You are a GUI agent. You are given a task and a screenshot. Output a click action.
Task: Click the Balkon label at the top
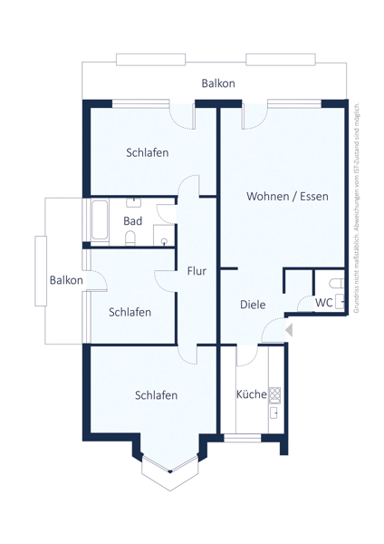coord(218,83)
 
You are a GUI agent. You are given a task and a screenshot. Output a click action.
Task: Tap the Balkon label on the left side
coord(66,280)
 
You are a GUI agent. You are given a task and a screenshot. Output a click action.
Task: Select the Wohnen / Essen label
coord(287,196)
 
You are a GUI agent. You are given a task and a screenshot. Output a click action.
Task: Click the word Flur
coord(197,270)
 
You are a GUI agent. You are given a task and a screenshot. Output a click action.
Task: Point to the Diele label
coord(253,305)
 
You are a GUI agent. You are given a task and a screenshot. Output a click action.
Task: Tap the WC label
coord(324,302)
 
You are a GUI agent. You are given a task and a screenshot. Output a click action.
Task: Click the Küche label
coord(250,394)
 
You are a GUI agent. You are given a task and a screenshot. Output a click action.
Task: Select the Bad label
coord(132,221)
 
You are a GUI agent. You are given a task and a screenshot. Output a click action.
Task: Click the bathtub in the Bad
coord(100,220)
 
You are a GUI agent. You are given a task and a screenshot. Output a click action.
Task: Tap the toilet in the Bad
coord(131,238)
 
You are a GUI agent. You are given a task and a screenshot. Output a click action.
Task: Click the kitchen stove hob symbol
coord(274,394)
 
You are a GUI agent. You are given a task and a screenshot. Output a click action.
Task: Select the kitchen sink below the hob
coord(274,413)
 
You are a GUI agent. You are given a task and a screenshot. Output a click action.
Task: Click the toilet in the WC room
coord(339,303)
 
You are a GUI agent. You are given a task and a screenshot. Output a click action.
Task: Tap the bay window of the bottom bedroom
coord(168,466)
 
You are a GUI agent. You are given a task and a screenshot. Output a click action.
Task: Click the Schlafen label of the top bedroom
coord(147,152)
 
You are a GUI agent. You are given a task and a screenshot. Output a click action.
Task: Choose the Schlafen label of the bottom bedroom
coord(156,395)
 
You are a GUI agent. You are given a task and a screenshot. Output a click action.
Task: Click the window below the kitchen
coord(242,438)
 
